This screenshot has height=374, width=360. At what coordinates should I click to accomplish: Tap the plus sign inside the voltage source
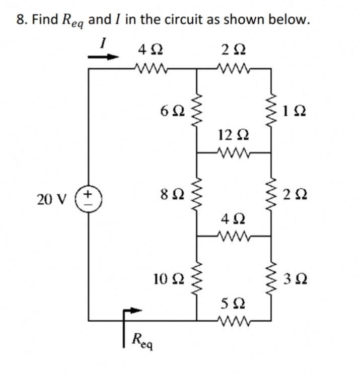click(89, 193)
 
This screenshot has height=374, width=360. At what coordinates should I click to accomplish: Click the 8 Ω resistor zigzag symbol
click(196, 194)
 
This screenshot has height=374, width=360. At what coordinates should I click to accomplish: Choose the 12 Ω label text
click(233, 135)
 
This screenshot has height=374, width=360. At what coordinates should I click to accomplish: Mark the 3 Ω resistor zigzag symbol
click(272, 278)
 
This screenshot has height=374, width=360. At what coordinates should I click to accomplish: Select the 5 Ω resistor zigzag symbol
click(234, 318)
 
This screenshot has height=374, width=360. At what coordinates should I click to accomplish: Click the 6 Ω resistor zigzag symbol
click(196, 111)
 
